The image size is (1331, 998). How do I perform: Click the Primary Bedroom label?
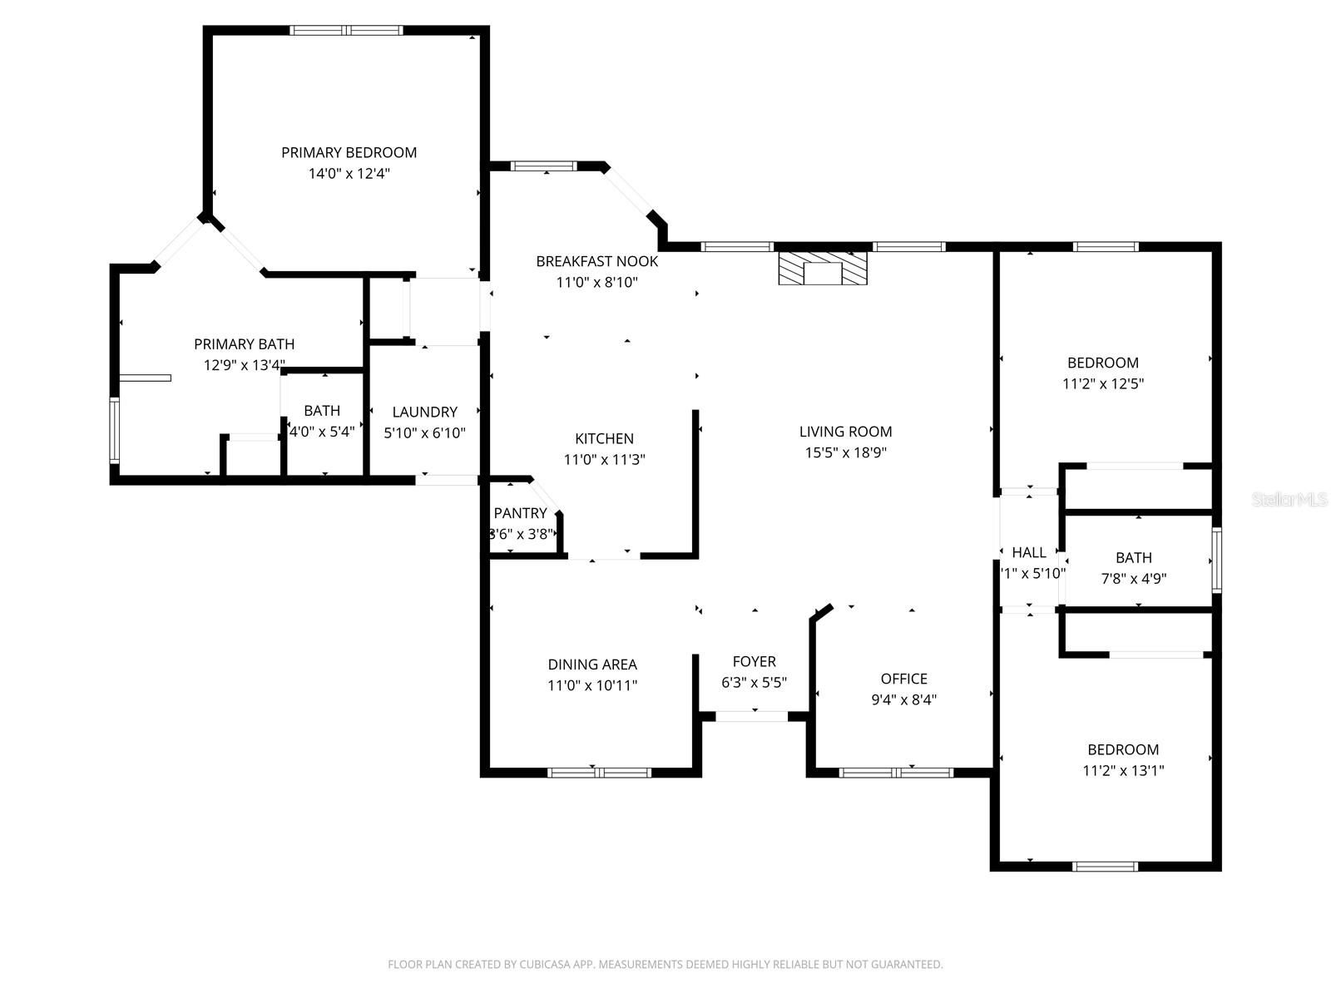pyautogui.click(x=349, y=152)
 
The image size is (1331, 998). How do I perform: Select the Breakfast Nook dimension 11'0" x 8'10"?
pyautogui.click(x=596, y=282)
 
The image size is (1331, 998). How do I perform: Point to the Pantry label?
pyautogui.click(x=520, y=513)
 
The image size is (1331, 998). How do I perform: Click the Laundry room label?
pyautogui.click(x=424, y=412)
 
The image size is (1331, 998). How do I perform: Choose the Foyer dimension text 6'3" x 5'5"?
pyautogui.click(x=754, y=683)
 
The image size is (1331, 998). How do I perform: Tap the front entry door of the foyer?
pyautogui.click(x=752, y=716)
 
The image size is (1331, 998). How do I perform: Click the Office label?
pyautogui.click(x=903, y=679)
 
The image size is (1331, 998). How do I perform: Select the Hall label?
pyautogui.click(x=1029, y=552)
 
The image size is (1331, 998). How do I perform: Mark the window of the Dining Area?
pyautogui.click(x=599, y=773)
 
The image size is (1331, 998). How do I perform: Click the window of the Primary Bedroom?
pyautogui.click(x=346, y=31)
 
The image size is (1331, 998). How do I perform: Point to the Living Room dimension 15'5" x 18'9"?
pyautogui.click(x=845, y=452)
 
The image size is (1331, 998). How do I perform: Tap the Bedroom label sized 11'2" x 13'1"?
pyautogui.click(x=1123, y=749)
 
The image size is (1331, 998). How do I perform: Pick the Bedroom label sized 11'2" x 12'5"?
pyautogui.click(x=1103, y=363)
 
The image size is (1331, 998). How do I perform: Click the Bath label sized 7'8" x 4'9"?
pyautogui.click(x=1134, y=557)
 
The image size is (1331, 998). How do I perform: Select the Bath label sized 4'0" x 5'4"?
pyautogui.click(x=322, y=410)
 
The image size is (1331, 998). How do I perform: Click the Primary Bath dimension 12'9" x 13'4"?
pyautogui.click(x=245, y=365)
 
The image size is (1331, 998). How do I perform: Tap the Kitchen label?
pyautogui.click(x=604, y=438)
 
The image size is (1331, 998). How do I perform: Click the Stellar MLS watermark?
pyautogui.click(x=1289, y=500)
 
